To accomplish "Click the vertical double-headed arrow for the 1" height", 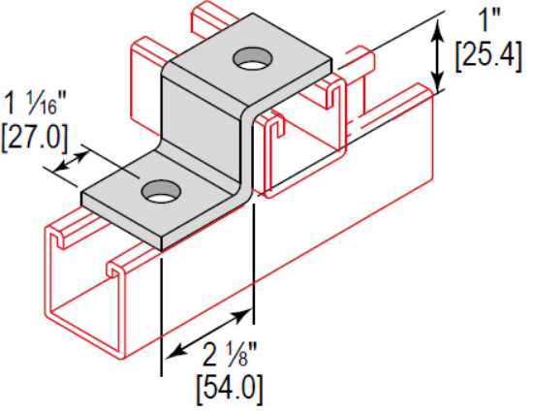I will point(439,58).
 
